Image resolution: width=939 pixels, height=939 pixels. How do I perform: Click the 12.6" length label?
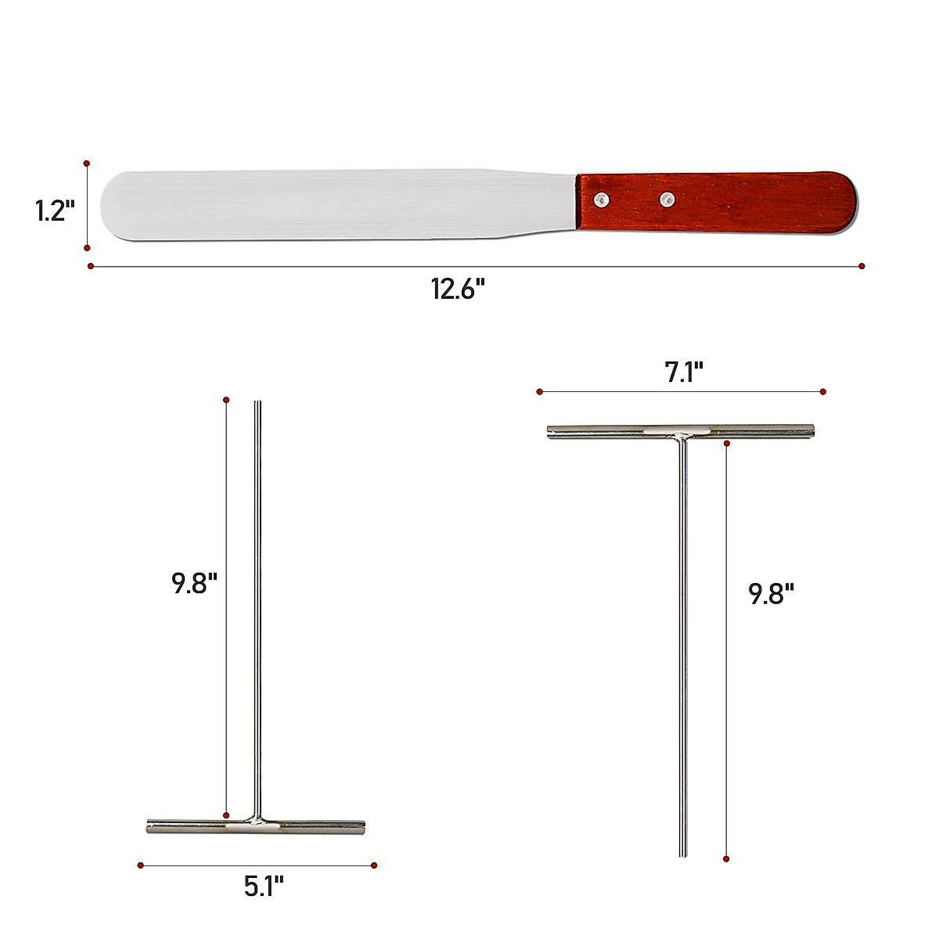tap(458, 290)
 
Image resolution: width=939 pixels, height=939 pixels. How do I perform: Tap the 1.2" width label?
tap(55, 210)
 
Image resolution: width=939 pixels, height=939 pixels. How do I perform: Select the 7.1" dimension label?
tap(684, 372)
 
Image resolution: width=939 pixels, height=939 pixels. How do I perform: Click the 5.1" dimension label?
tap(264, 887)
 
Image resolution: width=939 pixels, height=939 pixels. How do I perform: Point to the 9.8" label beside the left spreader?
tap(194, 583)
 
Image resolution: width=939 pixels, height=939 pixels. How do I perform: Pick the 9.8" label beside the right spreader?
tap(772, 594)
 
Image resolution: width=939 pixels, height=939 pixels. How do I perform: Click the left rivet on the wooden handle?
tap(600, 200)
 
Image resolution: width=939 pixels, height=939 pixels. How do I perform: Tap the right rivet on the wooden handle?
tap(667, 200)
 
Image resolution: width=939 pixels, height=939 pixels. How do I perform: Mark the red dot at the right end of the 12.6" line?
tap(862, 266)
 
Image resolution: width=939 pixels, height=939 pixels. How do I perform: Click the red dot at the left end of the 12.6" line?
tap(91, 266)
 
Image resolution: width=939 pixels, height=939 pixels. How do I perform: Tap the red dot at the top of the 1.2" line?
tap(87, 164)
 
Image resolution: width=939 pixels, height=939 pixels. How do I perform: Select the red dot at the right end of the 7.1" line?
tap(823, 391)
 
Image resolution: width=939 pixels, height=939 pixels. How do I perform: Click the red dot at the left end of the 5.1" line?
tap(141, 865)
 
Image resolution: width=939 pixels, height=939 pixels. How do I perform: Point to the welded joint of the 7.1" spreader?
tap(682, 433)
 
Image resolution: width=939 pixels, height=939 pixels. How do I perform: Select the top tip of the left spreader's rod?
tap(257, 404)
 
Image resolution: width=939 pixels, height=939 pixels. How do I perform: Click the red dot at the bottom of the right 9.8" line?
tap(727, 859)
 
